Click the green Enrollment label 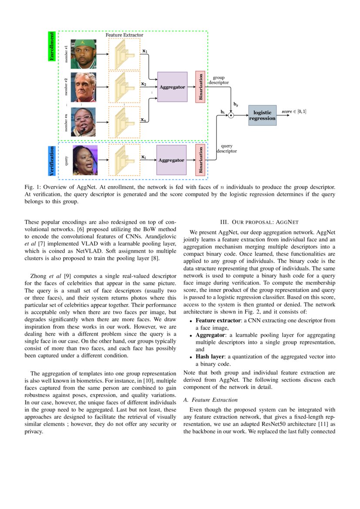(52, 46)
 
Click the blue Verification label (52, 161)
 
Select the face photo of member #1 (84, 54)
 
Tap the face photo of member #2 (84, 87)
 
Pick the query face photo (85, 160)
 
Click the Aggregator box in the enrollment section (172, 87)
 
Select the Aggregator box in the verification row (171, 160)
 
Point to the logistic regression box (262, 115)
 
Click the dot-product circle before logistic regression (231, 115)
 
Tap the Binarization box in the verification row (200, 160)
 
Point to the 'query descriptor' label (226, 148)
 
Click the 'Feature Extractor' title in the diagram (124, 34)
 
